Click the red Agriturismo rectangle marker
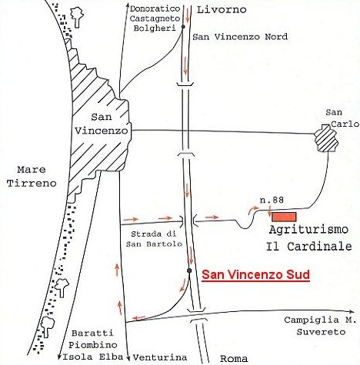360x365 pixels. point(284,217)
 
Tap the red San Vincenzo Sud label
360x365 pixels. point(255,275)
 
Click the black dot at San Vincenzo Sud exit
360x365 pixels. point(189,270)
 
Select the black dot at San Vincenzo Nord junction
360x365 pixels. point(183,27)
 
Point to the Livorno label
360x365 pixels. point(222,10)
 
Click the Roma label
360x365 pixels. point(234,359)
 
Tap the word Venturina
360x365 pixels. point(160,357)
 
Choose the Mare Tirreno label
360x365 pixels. point(32,176)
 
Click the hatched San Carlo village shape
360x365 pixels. point(325,138)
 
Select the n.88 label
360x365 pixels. point(272,200)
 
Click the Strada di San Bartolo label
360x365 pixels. point(154,239)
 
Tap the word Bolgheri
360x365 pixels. point(155,28)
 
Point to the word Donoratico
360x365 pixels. point(155,9)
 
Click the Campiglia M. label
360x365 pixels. point(320,320)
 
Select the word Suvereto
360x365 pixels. point(321,332)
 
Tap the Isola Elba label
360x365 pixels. point(93,357)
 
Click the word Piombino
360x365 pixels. point(93,345)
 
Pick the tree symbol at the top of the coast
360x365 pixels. point(77,17)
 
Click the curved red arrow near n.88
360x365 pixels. point(253,210)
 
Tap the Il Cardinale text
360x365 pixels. point(309,247)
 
